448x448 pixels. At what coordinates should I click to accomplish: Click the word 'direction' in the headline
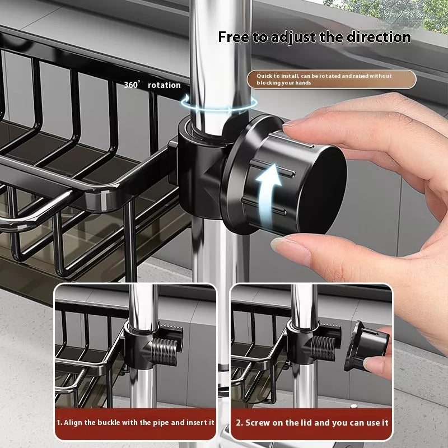378,38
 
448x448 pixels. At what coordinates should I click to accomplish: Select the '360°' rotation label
132,85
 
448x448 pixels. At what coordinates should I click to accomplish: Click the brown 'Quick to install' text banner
332,79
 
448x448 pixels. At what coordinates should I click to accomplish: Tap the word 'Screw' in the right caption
257,423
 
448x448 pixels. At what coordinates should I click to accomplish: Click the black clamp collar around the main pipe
196,162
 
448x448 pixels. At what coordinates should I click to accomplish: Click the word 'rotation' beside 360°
164,85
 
